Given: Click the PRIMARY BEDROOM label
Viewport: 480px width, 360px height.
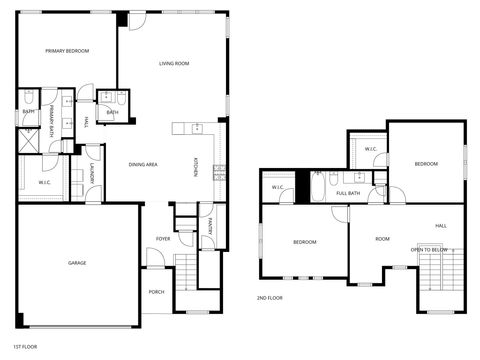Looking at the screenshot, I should point(67,51).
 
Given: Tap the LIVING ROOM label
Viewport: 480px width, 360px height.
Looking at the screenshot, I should point(174,64).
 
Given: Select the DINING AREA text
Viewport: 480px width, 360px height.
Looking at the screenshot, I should point(143,164).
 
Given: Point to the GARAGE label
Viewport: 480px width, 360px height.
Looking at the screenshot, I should point(77,263).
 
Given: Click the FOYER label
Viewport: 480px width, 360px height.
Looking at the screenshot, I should point(162,239).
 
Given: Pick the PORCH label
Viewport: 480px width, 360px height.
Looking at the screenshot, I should point(156,292).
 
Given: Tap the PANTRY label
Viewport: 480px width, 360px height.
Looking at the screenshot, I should point(209,228).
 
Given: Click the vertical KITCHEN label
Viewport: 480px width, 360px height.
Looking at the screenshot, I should point(195,169).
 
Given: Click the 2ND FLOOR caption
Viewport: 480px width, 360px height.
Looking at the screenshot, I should point(270,298).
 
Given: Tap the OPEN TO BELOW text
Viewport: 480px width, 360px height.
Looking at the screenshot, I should point(427,249).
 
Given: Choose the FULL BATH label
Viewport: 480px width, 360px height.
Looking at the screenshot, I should point(349,193).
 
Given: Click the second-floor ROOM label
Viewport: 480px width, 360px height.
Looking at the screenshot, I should point(382,239).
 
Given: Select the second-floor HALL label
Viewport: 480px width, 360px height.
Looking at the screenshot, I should point(441,226).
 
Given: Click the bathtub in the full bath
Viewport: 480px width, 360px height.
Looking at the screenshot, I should point(317,190).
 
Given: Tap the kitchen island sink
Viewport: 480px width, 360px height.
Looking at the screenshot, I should point(197,128).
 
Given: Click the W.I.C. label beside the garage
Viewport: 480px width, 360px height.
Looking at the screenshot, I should point(45,182).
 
